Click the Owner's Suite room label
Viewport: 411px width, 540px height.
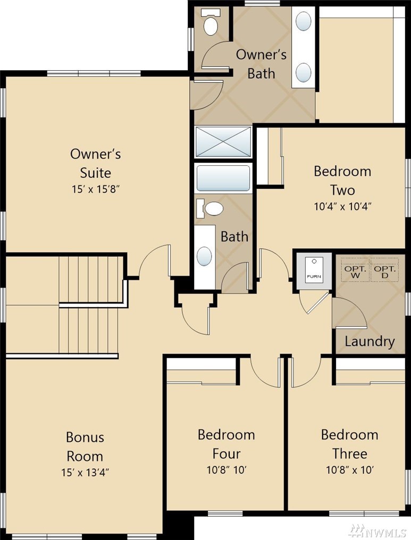coord(95,163)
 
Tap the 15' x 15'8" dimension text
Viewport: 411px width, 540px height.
coord(95,189)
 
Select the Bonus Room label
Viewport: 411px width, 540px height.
coord(85,446)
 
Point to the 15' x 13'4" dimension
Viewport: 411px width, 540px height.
coord(85,472)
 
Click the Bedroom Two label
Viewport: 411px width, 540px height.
coord(342,181)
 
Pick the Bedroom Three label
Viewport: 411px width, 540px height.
coord(350,444)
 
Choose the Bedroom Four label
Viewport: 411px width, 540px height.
coord(227,444)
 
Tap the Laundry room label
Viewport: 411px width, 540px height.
coord(370,341)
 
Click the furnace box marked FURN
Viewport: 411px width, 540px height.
coord(314,271)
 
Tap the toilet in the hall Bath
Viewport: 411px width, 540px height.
coord(210,209)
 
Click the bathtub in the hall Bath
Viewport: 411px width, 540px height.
coord(223,178)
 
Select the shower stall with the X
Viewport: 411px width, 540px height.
coord(223,142)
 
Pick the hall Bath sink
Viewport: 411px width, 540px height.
coord(204,256)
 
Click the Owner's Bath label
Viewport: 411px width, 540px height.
coord(261,64)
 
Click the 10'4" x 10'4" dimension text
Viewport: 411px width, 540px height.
coord(343,207)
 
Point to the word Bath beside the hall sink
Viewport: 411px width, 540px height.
coord(234,237)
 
